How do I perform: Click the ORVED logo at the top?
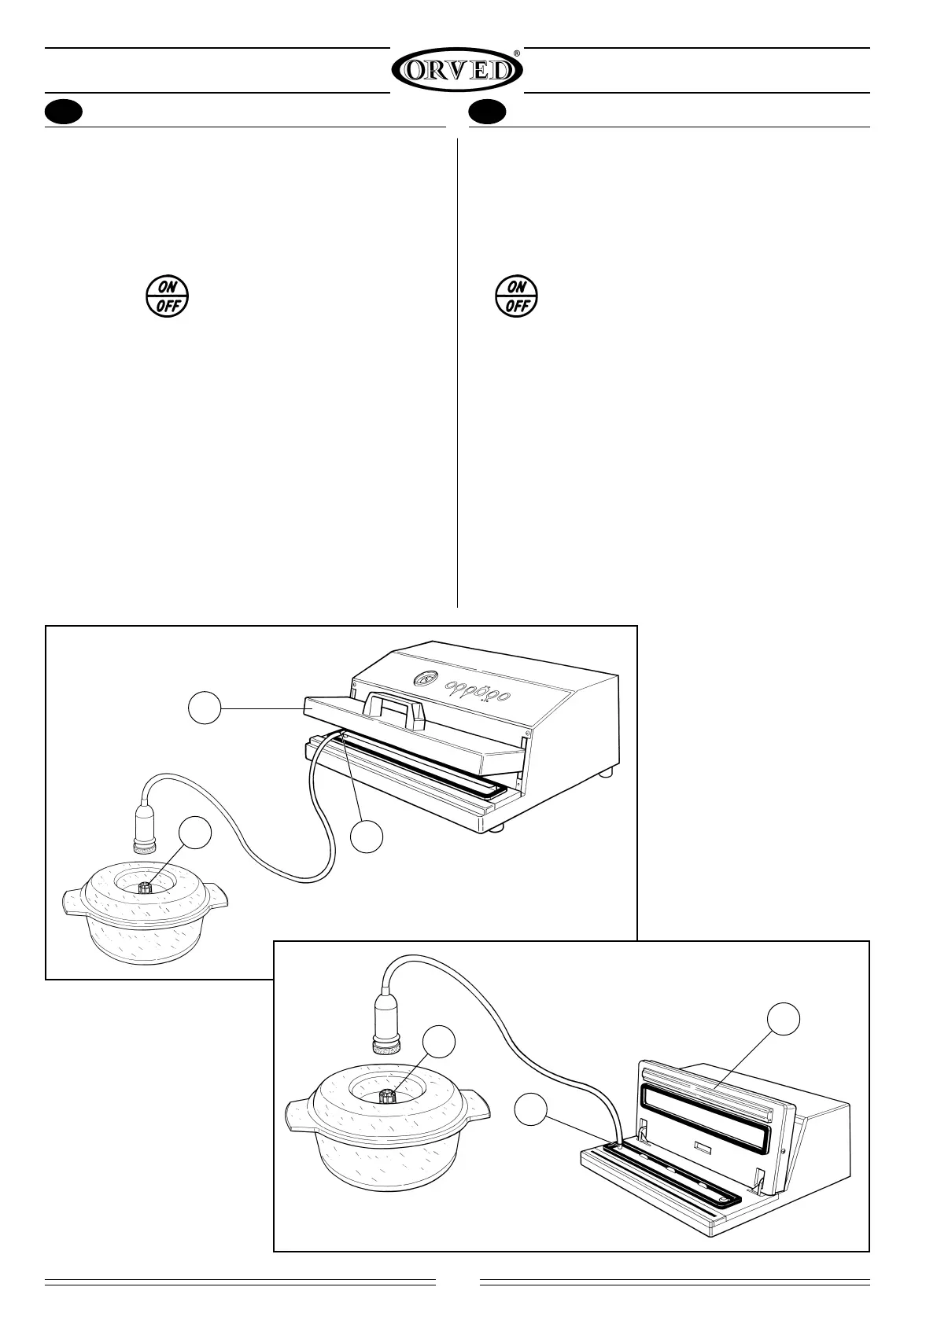(x=457, y=72)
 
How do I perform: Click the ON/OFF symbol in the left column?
(x=167, y=296)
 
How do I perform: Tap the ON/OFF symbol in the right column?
(x=516, y=296)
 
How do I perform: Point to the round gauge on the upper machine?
(x=424, y=679)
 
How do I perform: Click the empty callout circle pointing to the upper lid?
(x=204, y=710)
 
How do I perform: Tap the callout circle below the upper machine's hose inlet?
(x=367, y=836)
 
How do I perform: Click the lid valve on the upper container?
(x=145, y=888)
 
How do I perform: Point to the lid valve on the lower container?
(x=387, y=1095)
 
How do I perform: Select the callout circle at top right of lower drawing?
(x=784, y=1020)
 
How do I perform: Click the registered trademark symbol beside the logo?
(x=516, y=53)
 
